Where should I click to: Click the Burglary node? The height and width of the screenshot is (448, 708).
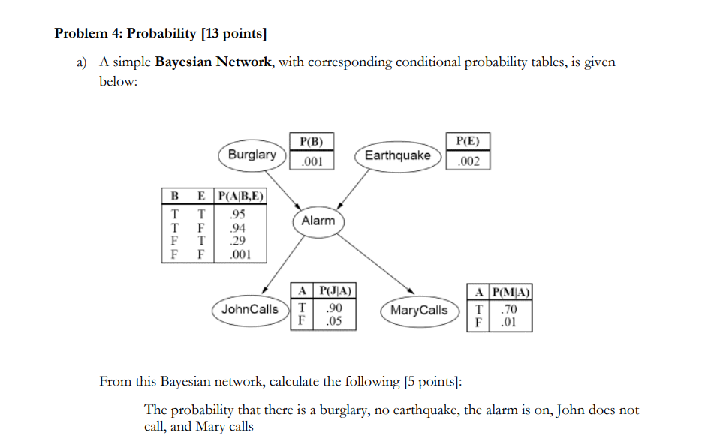point(252,155)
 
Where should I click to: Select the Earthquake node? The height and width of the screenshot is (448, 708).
point(397,155)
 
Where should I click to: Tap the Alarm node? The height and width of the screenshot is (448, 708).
point(318,221)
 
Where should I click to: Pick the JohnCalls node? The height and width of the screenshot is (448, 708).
point(250,309)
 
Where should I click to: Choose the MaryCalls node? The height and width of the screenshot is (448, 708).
point(419,310)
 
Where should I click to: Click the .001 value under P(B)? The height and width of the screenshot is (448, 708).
point(311,161)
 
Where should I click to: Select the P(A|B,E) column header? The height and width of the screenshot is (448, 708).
point(240,197)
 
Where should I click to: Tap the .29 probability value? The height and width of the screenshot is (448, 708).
point(237,241)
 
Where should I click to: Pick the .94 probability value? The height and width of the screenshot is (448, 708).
point(237,228)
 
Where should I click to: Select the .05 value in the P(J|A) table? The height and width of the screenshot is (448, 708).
point(333,321)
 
